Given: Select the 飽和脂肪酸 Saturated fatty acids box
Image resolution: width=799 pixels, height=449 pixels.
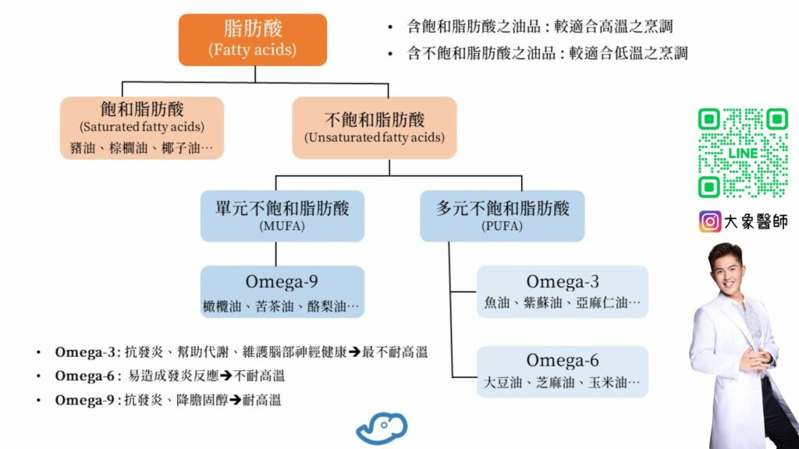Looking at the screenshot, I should coord(142,127).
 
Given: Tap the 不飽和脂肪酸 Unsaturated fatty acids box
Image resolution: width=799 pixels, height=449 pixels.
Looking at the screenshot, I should coord(374,127).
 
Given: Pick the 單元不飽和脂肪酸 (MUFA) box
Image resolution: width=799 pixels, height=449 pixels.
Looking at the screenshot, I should coord(282,215).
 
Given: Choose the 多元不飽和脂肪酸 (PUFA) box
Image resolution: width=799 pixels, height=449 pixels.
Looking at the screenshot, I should coord(502,215).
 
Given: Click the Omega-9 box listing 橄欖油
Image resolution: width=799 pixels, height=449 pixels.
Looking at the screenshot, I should coord(282,292).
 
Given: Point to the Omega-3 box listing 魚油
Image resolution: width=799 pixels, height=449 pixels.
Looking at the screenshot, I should coord(562,292).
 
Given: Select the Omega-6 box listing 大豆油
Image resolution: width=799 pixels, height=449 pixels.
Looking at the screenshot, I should coord(562,371).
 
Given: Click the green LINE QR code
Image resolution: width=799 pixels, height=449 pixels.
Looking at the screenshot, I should coord(742,153).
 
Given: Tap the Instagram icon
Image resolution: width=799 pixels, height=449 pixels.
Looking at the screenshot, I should coord(709,222).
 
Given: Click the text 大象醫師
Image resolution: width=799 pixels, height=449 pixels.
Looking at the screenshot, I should coord(755,222).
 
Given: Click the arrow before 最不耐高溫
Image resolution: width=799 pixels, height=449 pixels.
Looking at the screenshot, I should coord(353,352).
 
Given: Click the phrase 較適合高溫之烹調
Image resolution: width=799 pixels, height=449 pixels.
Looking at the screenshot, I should coord(621,27).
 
